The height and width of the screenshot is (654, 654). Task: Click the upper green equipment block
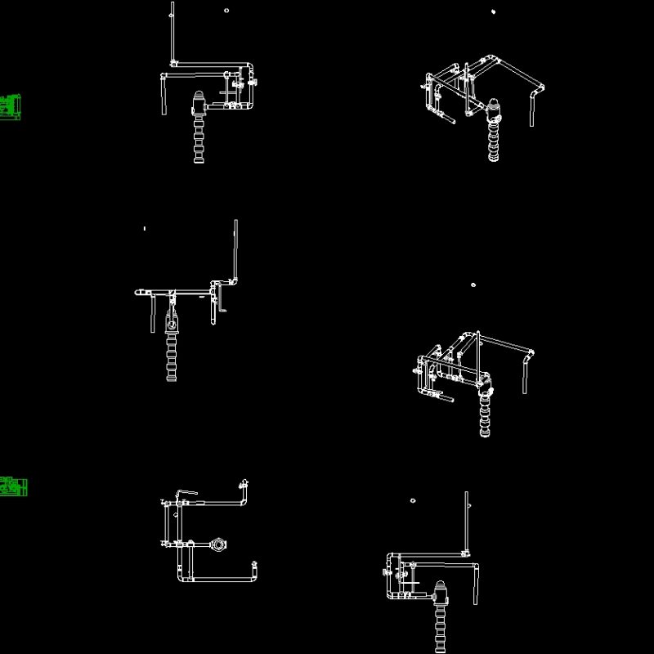(11, 107)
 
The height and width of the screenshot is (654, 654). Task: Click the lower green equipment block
(13, 486)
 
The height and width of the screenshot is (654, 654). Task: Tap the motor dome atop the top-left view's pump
(199, 101)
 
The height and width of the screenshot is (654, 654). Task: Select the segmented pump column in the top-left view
(199, 139)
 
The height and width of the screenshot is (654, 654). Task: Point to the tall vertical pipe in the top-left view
(172, 33)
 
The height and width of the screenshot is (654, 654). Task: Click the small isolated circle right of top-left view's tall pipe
(226, 11)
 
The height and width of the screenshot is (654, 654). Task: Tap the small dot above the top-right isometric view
(493, 11)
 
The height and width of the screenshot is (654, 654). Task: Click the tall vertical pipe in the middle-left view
(236, 249)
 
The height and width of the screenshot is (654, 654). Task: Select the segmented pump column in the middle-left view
(171, 360)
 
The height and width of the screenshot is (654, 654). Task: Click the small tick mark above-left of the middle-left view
(145, 228)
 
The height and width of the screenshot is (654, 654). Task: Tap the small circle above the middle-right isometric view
(473, 285)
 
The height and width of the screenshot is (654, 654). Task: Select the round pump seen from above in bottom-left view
(218, 544)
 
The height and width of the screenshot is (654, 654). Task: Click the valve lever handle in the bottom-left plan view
(187, 493)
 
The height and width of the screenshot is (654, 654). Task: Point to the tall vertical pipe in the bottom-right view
(467, 523)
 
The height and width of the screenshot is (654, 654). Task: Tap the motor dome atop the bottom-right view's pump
(441, 589)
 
